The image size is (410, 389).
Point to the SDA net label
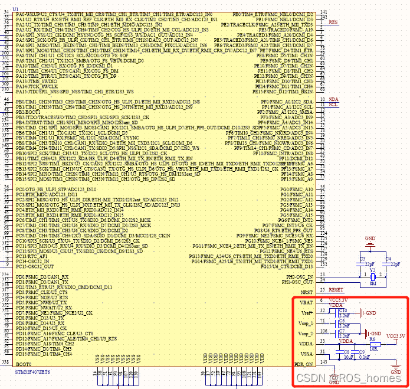click(333, 100)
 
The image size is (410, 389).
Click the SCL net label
click(333, 105)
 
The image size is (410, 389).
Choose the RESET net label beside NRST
click(336, 290)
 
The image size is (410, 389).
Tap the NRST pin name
click(307, 291)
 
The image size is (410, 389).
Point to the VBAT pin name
click(307, 302)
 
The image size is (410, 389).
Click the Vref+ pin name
click(307, 312)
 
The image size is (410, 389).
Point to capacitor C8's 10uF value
click(349, 357)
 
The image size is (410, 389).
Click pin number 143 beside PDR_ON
click(323, 362)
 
